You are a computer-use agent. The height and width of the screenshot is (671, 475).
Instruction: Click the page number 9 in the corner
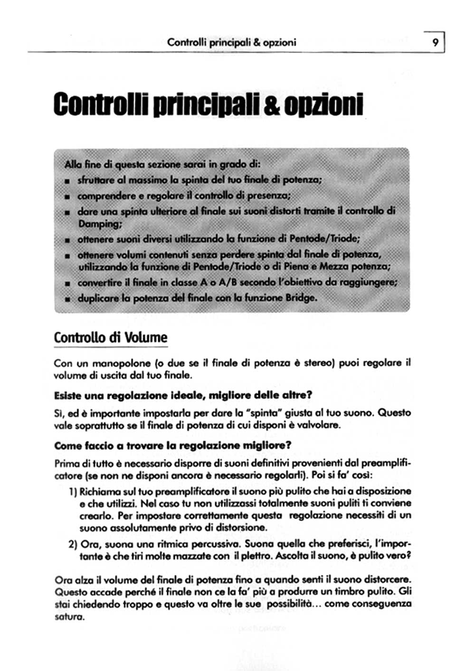(435, 42)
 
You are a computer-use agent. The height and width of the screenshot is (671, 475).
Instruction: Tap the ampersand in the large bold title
(271, 105)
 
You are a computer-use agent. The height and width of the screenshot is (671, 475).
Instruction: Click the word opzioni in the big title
(323, 105)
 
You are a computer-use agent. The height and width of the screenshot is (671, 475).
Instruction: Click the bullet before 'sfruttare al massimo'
(67, 181)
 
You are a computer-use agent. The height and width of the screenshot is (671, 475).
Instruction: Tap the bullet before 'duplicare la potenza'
(67, 299)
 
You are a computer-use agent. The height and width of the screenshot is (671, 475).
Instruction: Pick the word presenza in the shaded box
(269, 195)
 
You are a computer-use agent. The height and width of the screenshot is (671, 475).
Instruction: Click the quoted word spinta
(263, 413)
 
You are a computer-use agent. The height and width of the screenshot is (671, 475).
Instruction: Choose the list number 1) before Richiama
(73, 492)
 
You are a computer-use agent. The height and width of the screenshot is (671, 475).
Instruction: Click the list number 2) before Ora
(73, 544)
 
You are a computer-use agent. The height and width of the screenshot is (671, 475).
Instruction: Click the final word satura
(69, 617)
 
